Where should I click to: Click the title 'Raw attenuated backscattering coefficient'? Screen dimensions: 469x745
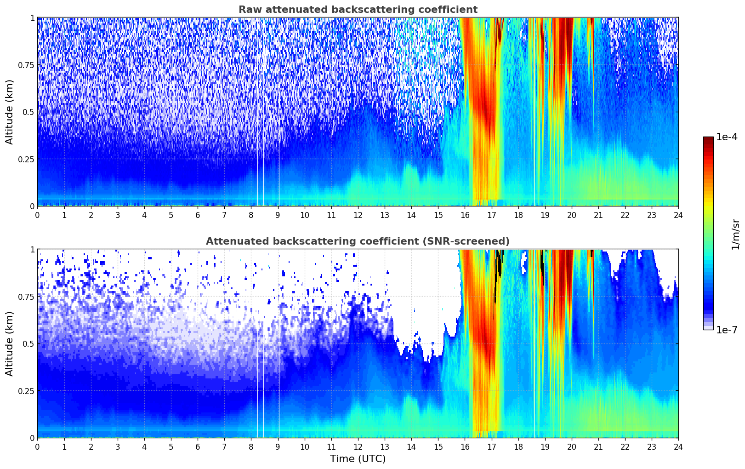click(358, 10)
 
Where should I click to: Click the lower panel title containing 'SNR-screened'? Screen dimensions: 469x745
click(358, 241)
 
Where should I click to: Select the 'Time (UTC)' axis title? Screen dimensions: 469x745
click(358, 459)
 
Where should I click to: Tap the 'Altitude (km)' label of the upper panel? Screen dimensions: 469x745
click(10, 112)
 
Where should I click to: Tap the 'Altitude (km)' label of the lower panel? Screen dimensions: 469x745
click(10, 343)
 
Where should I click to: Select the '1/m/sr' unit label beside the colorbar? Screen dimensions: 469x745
click(735, 234)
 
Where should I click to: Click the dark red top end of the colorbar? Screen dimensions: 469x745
click(708, 139)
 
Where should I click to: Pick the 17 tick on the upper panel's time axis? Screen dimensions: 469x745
click(492, 215)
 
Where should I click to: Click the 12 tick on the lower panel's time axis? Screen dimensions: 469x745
click(358, 447)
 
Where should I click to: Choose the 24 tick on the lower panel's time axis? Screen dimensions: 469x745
click(678, 447)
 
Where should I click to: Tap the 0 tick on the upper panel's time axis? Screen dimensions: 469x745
click(37, 215)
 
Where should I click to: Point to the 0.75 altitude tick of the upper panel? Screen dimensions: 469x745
click(26, 65)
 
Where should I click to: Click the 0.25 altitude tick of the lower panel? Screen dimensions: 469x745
click(26, 391)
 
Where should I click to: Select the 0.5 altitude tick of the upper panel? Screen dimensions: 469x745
click(28, 112)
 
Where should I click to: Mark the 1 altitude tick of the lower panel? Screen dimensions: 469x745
click(32, 250)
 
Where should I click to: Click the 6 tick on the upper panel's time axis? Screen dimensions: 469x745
click(198, 215)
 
